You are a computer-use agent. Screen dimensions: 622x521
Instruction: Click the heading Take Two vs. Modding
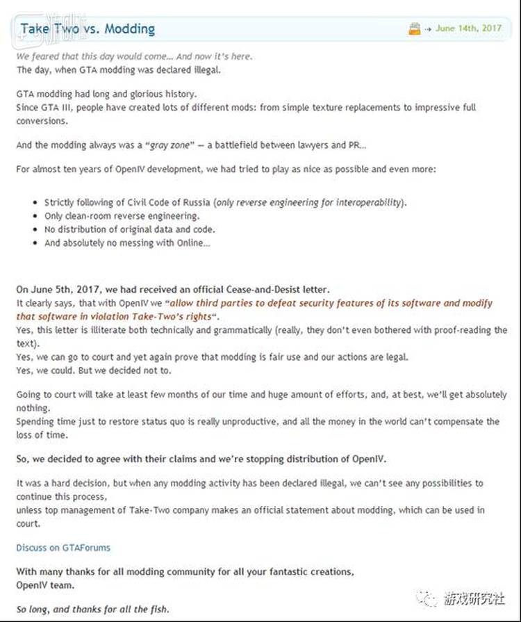pyautogui.click(x=88, y=29)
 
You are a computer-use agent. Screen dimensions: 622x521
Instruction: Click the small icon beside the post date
pyautogui.click(x=415, y=29)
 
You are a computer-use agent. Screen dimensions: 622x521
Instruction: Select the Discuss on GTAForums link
pyautogui.click(x=63, y=548)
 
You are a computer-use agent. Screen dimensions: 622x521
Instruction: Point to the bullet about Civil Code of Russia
pyautogui.click(x=225, y=202)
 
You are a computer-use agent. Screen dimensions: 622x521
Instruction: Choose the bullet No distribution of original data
pyautogui.click(x=129, y=229)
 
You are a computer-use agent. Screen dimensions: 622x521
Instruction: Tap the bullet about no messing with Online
pyautogui.click(x=127, y=243)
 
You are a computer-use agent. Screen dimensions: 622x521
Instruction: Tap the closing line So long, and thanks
pyautogui.click(x=92, y=609)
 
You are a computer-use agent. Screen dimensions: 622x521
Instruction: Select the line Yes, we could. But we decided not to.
pyautogui.click(x=94, y=370)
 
